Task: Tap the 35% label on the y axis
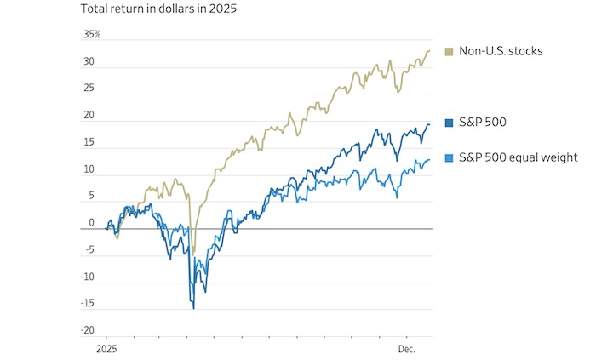tap(92, 35)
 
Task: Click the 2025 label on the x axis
tap(105, 348)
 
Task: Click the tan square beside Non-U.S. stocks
tap(449, 51)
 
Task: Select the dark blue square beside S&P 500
tap(449, 123)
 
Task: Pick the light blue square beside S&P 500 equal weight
tap(449, 157)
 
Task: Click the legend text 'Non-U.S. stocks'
tap(501, 51)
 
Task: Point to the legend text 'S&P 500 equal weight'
tap(518, 157)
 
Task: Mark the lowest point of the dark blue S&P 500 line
tap(193, 308)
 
